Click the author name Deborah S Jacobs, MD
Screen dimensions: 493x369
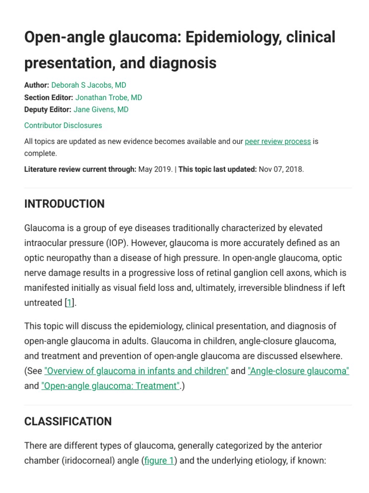pos(88,85)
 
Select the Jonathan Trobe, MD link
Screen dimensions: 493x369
pos(109,97)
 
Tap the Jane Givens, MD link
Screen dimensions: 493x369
pos(101,109)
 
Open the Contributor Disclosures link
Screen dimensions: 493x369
pos(63,125)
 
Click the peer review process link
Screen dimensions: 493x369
pos(278,142)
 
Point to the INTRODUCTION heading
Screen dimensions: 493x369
pos(64,204)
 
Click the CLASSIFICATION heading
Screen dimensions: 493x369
pos(68,421)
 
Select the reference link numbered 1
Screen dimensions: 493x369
pos(69,303)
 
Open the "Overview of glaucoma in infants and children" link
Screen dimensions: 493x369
pos(136,371)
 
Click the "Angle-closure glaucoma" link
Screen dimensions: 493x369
pos(298,371)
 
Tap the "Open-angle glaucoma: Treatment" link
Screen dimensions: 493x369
pos(111,386)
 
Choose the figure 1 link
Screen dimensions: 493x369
pos(159,461)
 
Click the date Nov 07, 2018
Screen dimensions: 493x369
pos(281,169)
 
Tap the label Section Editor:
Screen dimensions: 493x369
pos(49,97)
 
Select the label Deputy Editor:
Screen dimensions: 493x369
pos(48,109)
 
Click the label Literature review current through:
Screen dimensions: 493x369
pos(80,169)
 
